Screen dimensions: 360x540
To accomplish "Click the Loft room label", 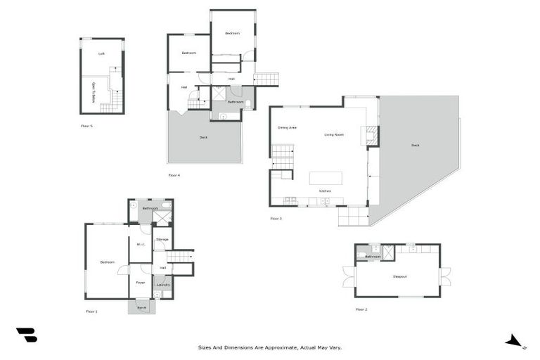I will tap(101, 53).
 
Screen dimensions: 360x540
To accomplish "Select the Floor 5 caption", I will tap(86, 127).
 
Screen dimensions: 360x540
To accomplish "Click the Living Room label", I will tap(333, 134).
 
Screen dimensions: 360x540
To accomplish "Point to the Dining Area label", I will tap(287, 128).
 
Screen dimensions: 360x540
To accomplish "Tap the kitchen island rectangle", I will tap(326, 177).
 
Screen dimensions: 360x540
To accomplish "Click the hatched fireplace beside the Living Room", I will tap(372, 135).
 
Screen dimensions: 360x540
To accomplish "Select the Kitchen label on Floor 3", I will tap(325, 191).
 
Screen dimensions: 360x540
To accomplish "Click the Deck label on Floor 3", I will tap(415, 146).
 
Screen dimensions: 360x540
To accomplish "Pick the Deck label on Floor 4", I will tap(203, 138).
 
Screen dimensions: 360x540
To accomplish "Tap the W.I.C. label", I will tap(140, 245).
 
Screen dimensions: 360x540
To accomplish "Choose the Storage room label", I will tap(162, 240).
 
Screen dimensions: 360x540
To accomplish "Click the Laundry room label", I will tap(162, 285).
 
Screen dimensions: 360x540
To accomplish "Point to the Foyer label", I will tap(140, 283).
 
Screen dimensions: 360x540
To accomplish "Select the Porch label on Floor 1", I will tap(141, 307).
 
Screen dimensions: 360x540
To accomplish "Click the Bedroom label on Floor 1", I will tap(107, 262).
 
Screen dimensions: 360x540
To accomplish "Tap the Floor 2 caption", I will tap(361, 309).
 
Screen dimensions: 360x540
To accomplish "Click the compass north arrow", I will tap(515, 342).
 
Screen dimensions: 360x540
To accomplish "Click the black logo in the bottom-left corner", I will tap(26, 335).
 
